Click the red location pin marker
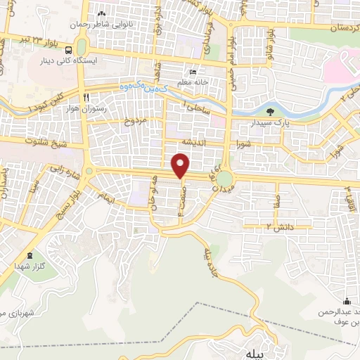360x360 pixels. click(181, 166)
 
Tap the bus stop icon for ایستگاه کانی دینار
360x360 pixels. click(68, 51)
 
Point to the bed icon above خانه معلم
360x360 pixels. click(193, 72)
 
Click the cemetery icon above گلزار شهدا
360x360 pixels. click(29, 256)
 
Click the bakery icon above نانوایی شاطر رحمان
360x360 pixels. click(102, 13)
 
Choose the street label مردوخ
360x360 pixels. click(134, 121)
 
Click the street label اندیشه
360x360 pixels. click(193, 141)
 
